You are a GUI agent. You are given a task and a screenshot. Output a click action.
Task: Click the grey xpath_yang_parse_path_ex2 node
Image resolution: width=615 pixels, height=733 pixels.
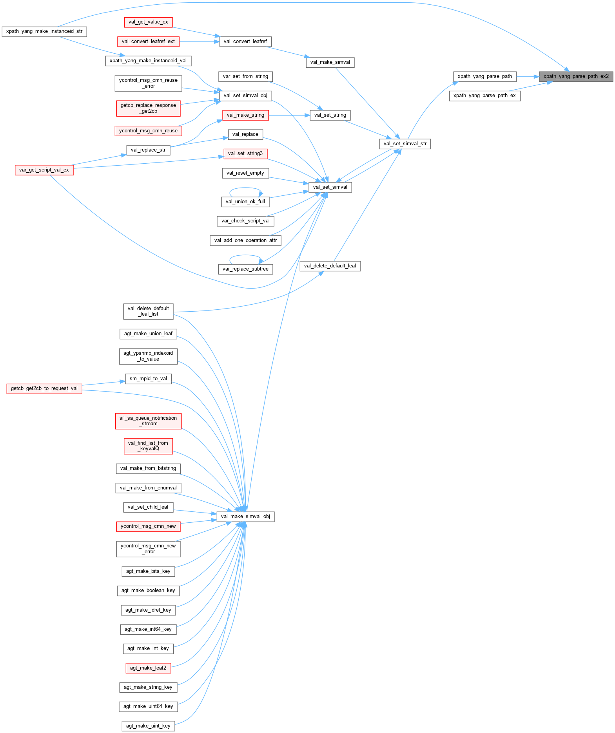(x=576, y=76)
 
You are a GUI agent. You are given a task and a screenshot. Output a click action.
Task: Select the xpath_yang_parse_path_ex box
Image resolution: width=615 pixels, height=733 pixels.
(x=484, y=96)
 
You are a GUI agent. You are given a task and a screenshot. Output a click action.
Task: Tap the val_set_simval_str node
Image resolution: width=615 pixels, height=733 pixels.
(x=405, y=144)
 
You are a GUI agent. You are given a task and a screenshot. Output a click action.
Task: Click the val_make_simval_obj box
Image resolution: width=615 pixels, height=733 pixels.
(x=245, y=516)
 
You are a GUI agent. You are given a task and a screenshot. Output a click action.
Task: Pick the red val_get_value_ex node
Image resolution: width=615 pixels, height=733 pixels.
(x=148, y=22)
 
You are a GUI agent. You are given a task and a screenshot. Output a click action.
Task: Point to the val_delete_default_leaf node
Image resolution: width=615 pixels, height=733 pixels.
(x=330, y=266)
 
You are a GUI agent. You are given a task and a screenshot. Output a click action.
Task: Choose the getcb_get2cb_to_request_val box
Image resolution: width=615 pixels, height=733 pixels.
(x=44, y=388)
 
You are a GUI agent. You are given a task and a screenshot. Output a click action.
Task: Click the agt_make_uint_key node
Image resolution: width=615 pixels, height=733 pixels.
(x=148, y=726)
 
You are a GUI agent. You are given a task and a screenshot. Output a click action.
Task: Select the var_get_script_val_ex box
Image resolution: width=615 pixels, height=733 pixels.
(x=44, y=170)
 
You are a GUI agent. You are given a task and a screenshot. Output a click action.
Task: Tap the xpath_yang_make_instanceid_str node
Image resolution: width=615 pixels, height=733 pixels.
(x=44, y=31)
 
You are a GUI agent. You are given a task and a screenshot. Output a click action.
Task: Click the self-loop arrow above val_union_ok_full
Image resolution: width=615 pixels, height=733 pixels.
(x=246, y=188)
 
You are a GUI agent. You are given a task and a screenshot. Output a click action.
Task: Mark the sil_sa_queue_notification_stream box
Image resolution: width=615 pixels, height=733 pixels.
(x=148, y=421)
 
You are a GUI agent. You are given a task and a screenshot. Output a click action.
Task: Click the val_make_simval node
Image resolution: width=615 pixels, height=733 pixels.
(x=330, y=62)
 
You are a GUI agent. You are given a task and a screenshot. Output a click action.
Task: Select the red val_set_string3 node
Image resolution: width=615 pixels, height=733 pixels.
(x=245, y=153)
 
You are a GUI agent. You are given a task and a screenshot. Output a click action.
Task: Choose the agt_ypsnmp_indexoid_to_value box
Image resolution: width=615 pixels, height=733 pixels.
(x=148, y=356)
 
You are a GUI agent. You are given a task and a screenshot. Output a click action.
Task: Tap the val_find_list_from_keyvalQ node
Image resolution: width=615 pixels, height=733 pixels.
(x=148, y=446)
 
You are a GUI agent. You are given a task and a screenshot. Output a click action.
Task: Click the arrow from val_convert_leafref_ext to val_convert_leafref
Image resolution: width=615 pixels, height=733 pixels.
(x=199, y=42)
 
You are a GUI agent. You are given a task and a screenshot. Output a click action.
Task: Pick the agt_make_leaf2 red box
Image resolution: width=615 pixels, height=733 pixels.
(x=148, y=668)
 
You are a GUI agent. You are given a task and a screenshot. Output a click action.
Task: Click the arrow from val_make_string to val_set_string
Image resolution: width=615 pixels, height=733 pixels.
(x=289, y=115)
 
